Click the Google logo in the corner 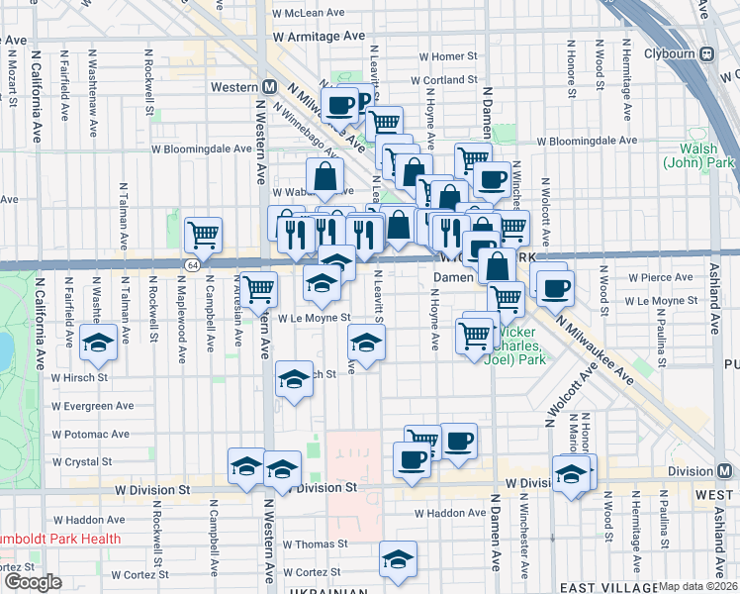coord(33,582)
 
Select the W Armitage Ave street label coord(320,36)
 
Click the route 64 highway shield coord(191,265)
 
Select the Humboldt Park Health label coord(61,540)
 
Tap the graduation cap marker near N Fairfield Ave coord(99,343)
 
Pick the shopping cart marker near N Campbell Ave coord(203,235)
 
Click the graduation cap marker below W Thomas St coord(398,558)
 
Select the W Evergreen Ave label coord(93,406)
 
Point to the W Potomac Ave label coord(90,434)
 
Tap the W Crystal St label coord(81,461)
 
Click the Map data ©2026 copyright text coord(698,586)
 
